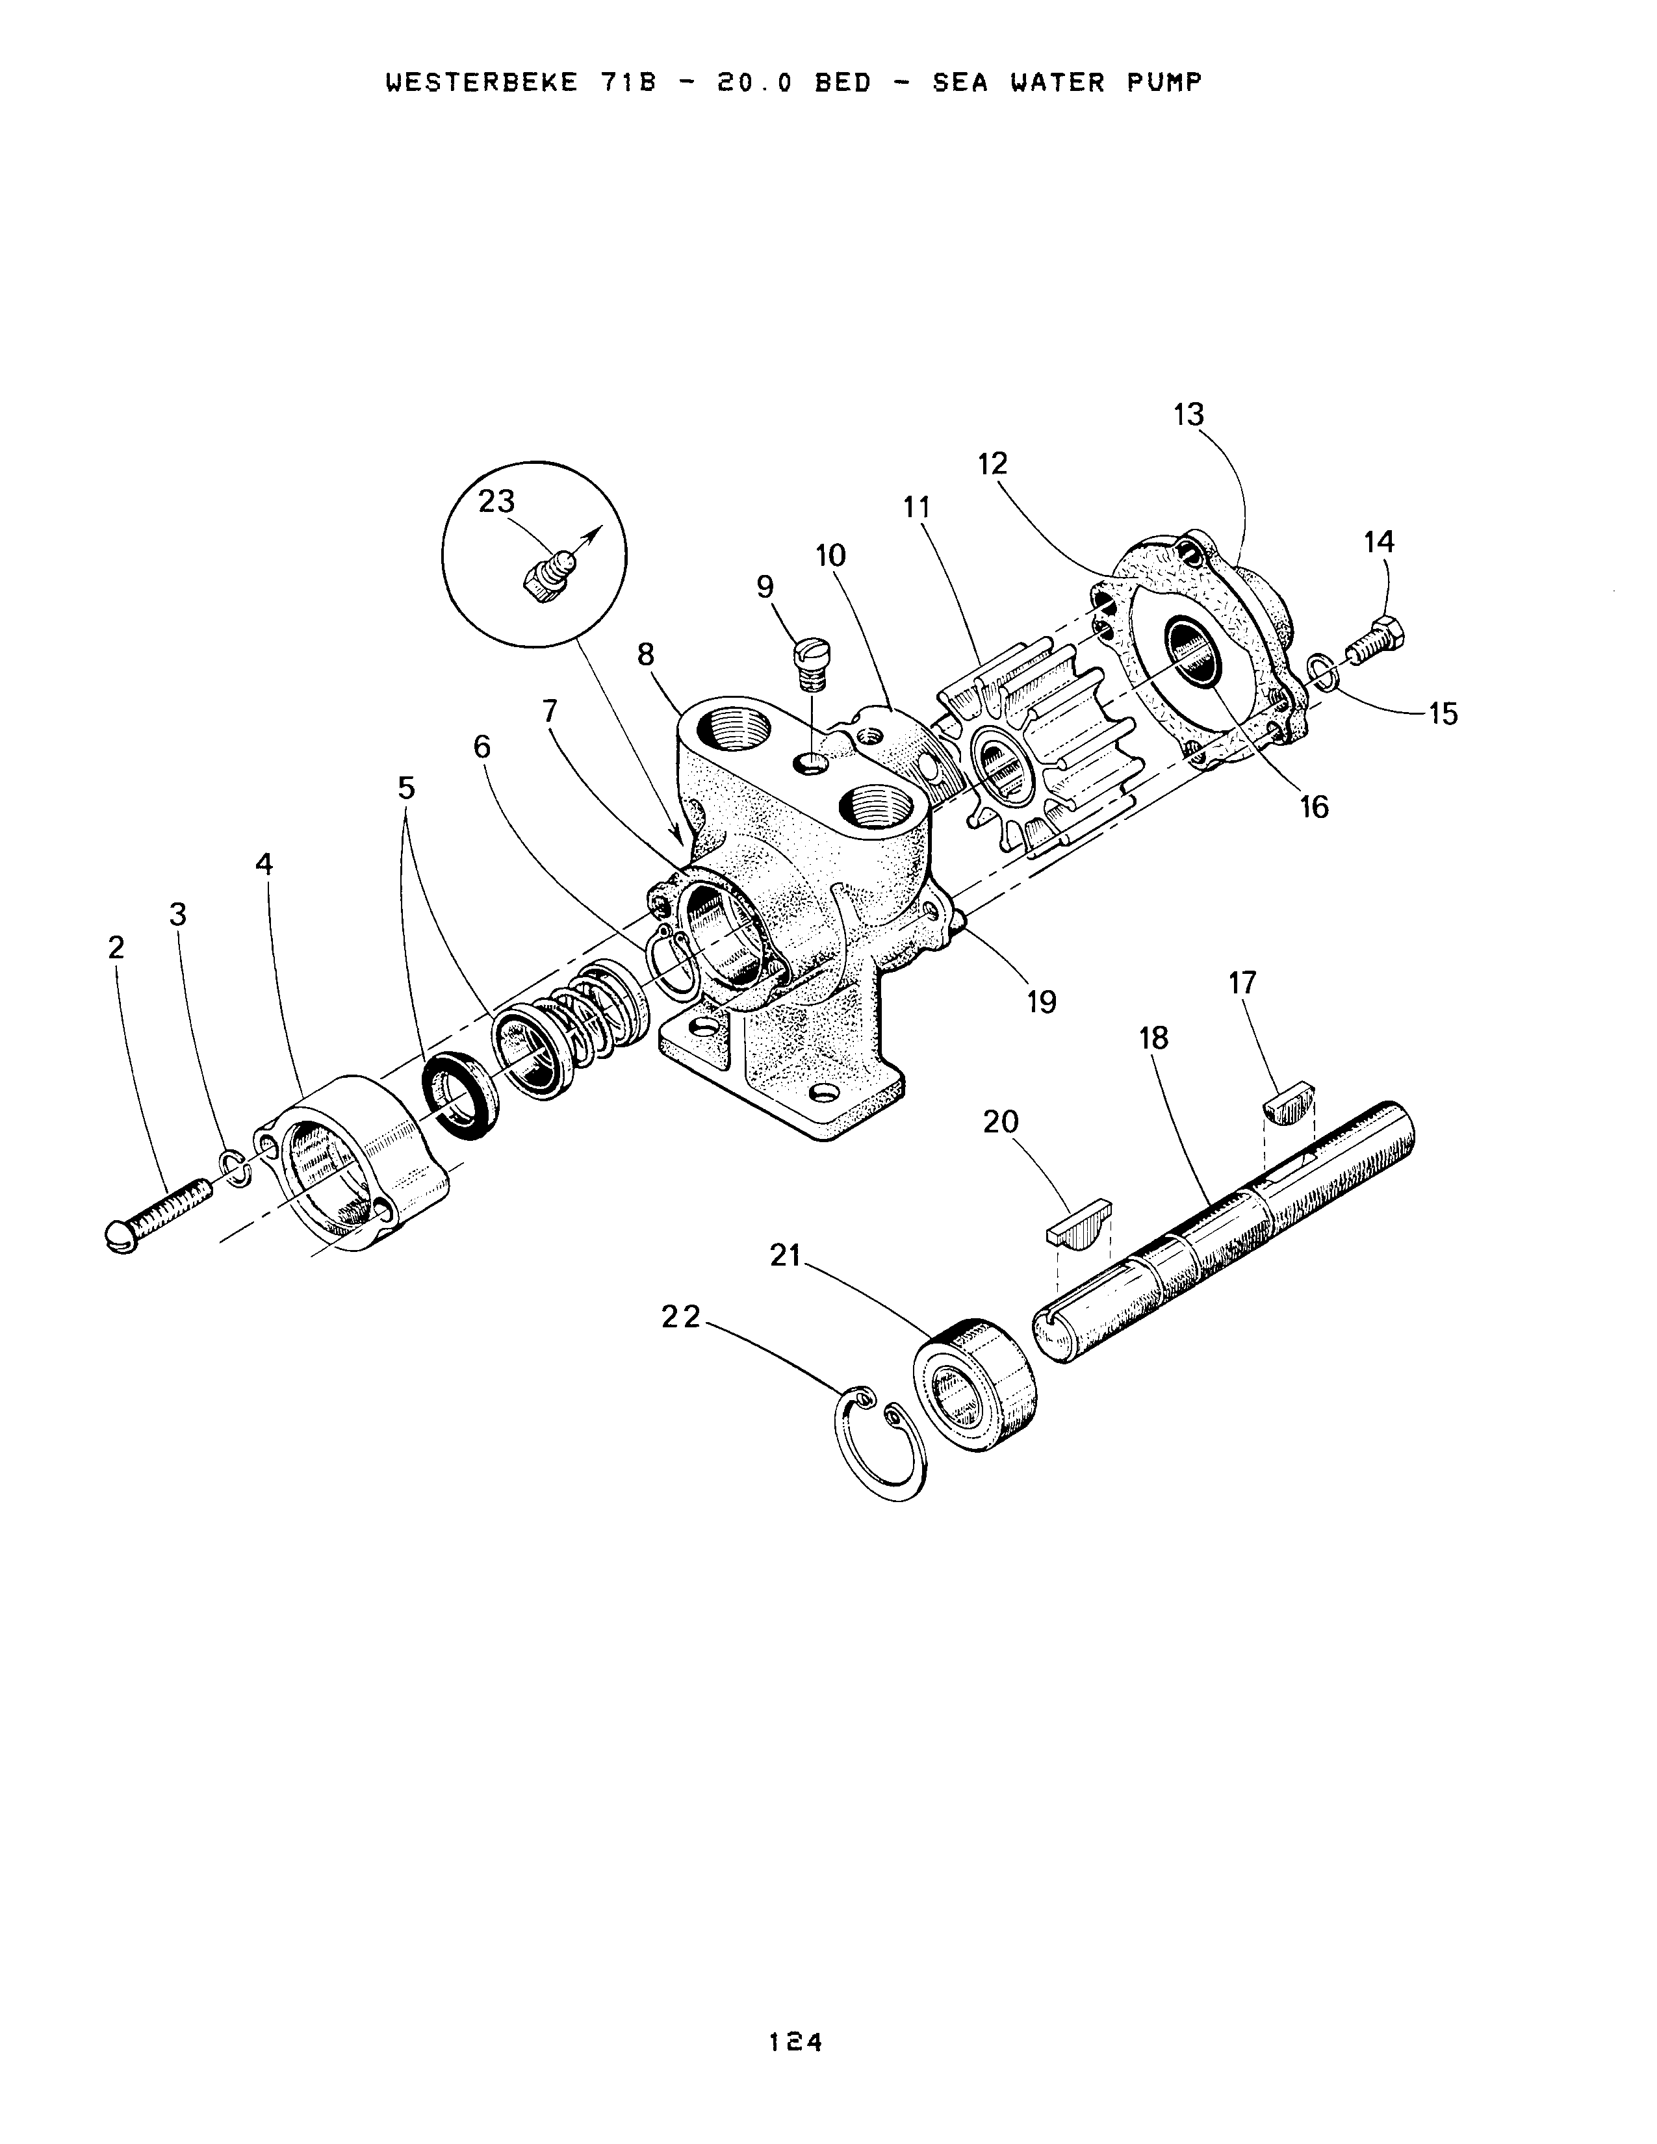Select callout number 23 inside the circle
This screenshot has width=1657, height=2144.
pyautogui.click(x=496, y=502)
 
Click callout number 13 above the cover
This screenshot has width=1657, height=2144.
pyautogui.click(x=1188, y=415)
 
